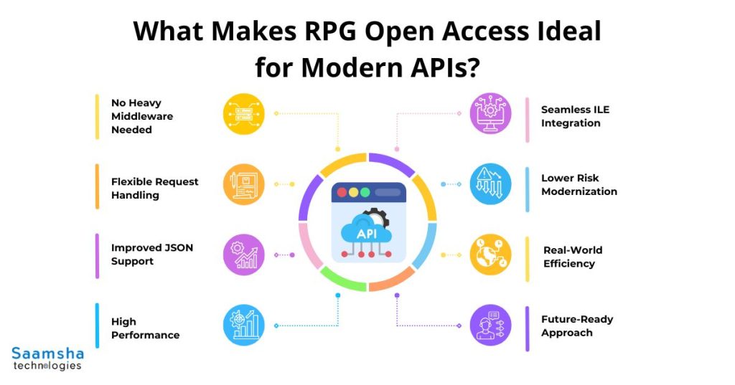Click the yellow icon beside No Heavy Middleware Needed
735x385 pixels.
tap(243, 115)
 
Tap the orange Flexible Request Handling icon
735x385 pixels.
tap(243, 184)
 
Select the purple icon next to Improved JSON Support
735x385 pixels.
tap(243, 255)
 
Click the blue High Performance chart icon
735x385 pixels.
tap(243, 324)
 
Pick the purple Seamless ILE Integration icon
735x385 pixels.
tap(491, 113)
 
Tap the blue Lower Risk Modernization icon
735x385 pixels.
tap(491, 184)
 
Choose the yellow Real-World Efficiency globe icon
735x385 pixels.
tap(491, 255)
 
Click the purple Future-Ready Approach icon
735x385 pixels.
tap(491, 325)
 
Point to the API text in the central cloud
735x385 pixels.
tap(366, 233)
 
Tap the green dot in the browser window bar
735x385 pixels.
tap(365, 193)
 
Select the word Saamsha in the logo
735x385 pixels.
tap(47, 353)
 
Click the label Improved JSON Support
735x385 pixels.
tap(151, 255)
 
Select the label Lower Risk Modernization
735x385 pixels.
tap(579, 184)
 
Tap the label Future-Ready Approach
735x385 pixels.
tap(576, 325)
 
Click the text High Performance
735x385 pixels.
tap(145, 328)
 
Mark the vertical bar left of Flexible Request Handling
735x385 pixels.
tap(97, 186)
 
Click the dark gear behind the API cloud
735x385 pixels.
tap(375, 216)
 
